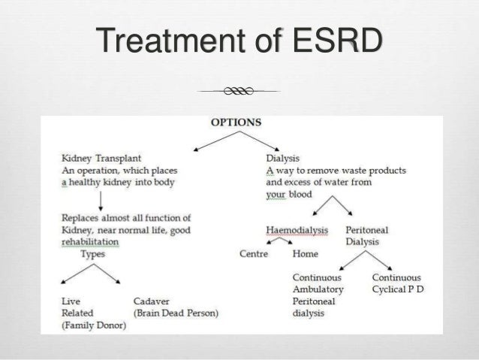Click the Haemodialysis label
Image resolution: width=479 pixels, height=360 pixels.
click(298, 229)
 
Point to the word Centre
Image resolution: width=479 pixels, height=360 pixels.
click(253, 254)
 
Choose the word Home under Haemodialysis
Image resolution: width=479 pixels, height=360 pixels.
click(305, 254)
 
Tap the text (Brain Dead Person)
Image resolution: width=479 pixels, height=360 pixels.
click(175, 313)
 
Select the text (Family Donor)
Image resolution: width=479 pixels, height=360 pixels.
click(93, 325)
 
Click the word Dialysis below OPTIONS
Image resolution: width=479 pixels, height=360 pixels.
click(283, 159)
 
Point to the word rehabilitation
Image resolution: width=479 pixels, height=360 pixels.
click(90, 242)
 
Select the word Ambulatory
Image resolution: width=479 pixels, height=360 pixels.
click(318, 289)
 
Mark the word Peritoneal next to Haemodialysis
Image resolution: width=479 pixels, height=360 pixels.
click(372, 229)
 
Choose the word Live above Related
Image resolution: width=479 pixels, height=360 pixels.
click(71, 301)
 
